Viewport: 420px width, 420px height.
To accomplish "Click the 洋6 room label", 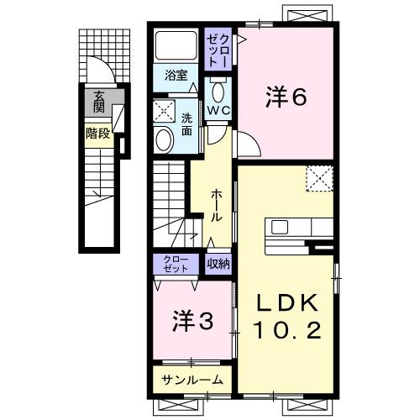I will pos(286,98).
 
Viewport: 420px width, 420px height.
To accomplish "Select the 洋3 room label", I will pos(192,320).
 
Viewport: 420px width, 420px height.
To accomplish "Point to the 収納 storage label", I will pos(219,264).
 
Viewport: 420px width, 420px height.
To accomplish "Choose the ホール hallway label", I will pos(216,204).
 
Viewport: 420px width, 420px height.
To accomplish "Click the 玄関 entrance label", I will pos(99,101).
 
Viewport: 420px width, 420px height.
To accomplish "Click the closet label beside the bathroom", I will pos(218,49).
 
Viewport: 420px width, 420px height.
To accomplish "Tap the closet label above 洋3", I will pos(176,263).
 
